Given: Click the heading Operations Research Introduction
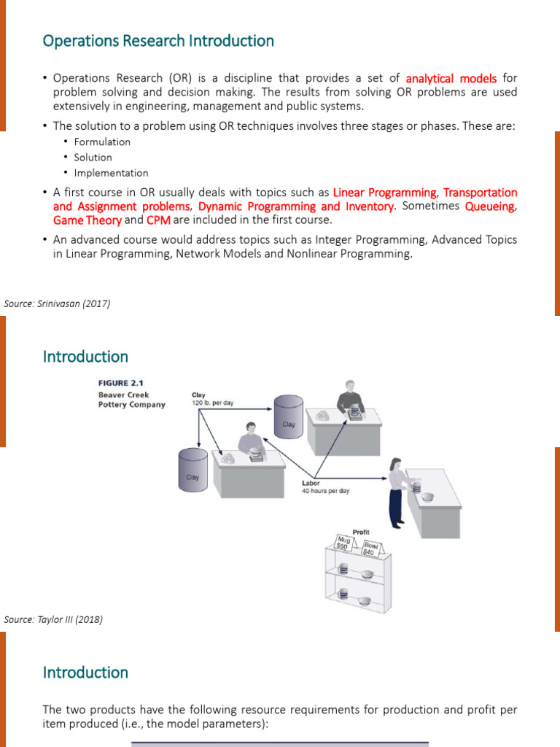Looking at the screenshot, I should coord(158,41).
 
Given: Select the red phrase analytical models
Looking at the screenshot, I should coord(451,78).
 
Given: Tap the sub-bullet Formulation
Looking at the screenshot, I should coord(102,142).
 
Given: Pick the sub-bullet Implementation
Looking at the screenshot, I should coord(111,173).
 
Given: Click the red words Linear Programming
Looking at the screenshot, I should coord(384,193).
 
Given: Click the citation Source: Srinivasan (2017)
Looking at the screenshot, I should coord(57,303).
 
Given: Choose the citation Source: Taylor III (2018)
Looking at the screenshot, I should coord(53,619).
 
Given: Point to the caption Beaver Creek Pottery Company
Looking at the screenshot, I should coord(131,400).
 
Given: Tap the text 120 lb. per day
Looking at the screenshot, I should coord(212,403).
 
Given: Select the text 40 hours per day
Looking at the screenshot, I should coord(325,491).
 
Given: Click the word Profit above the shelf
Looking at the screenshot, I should coord(361,533).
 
